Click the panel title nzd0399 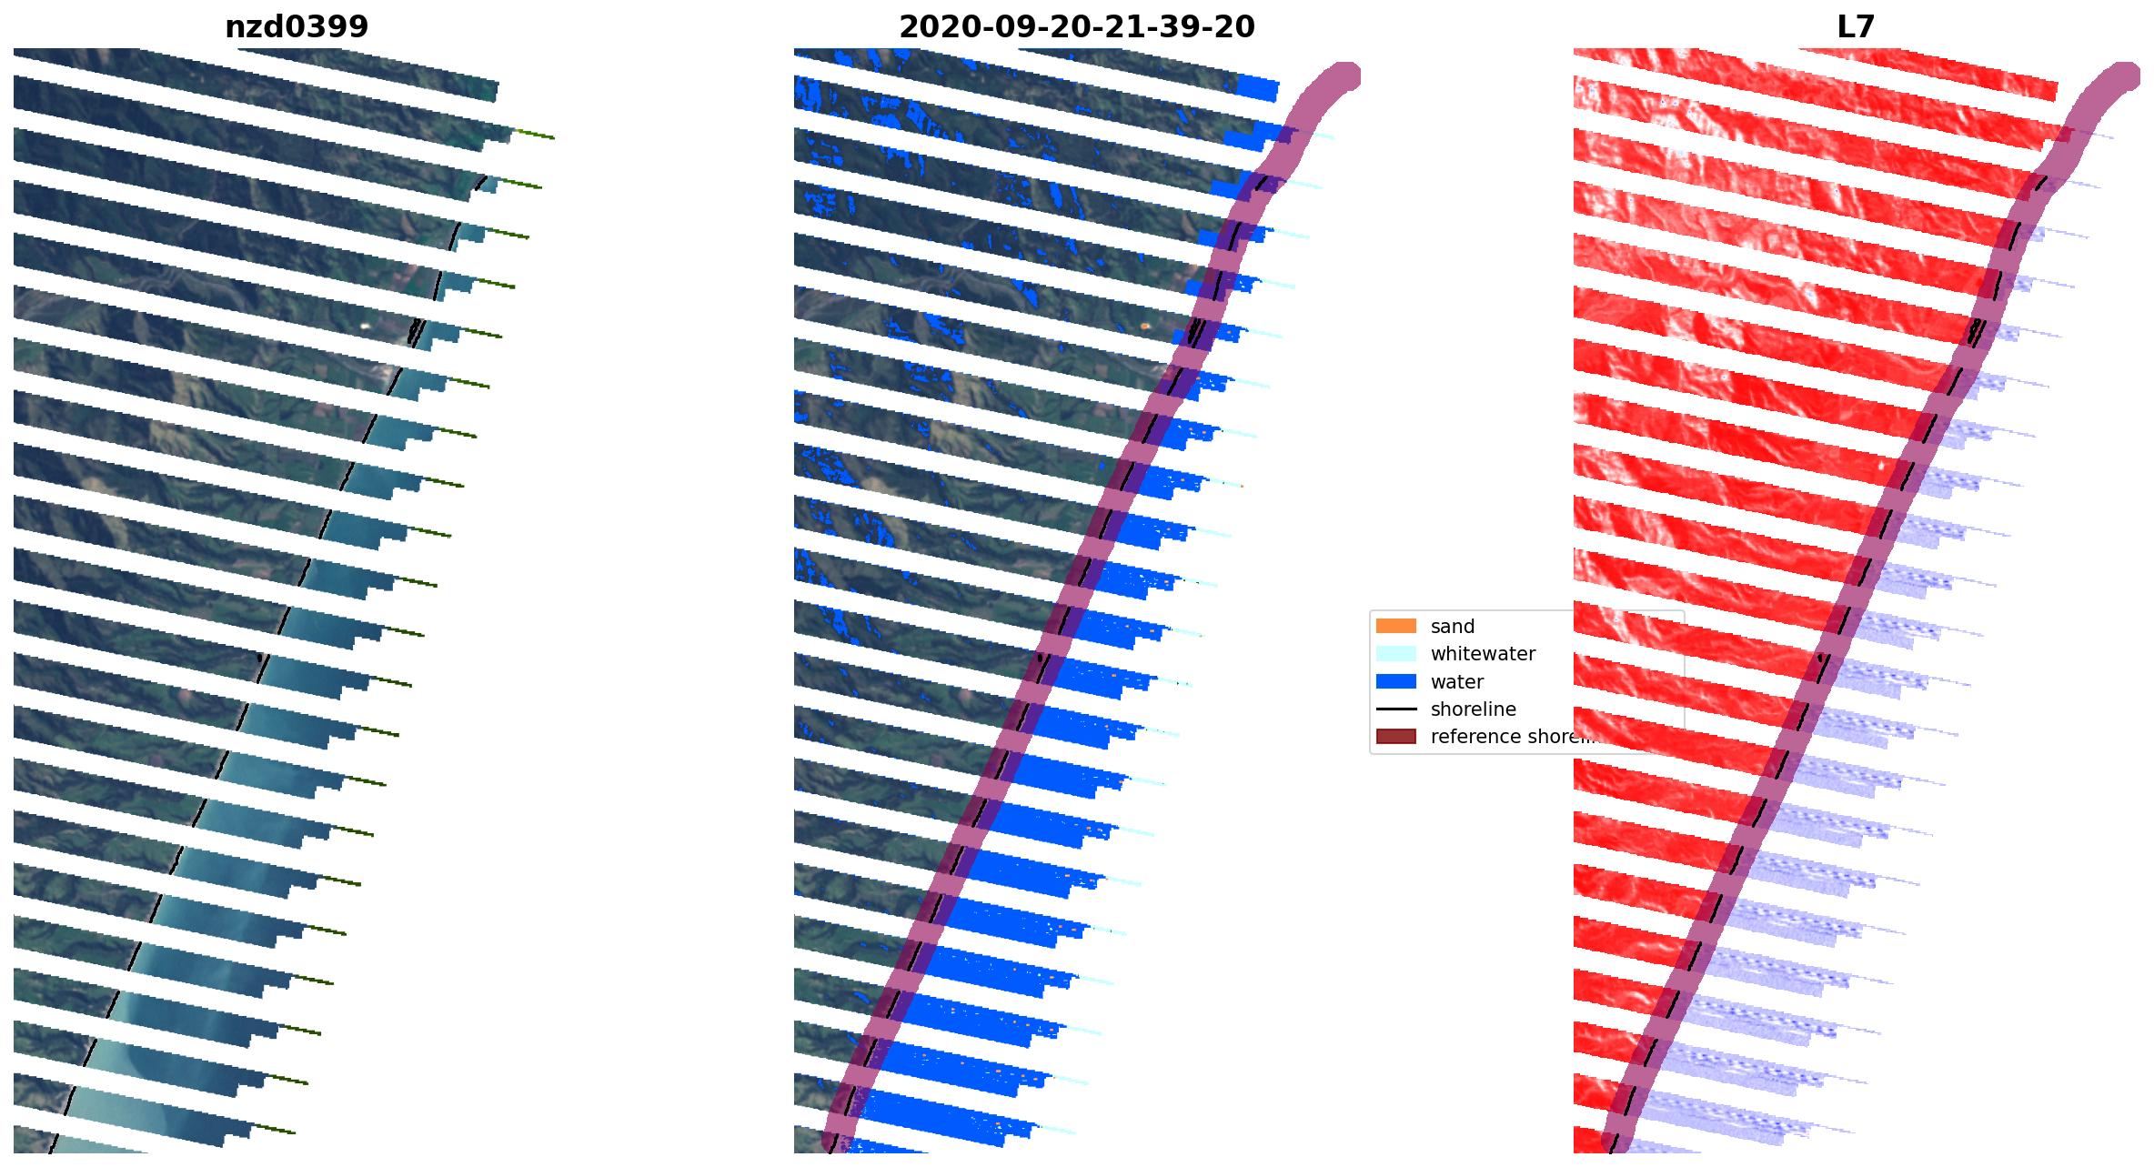tap(297, 27)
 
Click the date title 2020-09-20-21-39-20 tap(1076, 27)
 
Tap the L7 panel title tap(1856, 27)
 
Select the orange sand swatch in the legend tap(1395, 626)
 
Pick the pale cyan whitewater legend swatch tap(1395, 653)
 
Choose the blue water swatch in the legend tap(1395, 681)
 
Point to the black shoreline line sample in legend tap(1395, 709)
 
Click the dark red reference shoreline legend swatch tap(1395, 736)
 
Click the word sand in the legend tap(1452, 626)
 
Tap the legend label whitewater tap(1483, 653)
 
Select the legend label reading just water tap(1456, 681)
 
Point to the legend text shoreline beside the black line tap(1473, 709)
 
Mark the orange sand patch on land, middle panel tap(1145, 325)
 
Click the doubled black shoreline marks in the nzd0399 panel tap(417, 332)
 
